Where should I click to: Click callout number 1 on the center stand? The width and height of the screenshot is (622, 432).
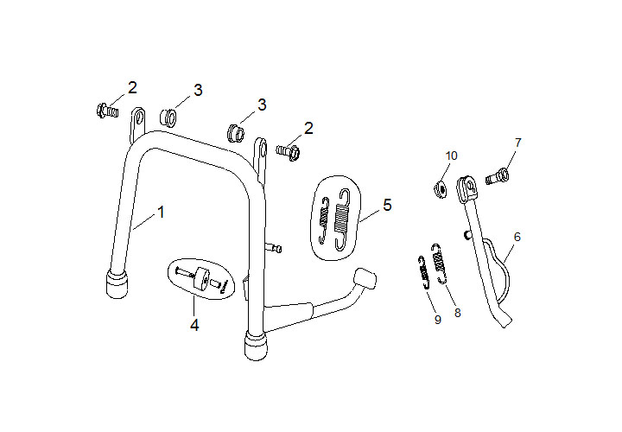(x=160, y=211)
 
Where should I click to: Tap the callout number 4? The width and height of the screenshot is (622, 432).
(x=195, y=325)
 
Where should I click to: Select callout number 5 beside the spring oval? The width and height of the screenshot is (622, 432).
(x=386, y=205)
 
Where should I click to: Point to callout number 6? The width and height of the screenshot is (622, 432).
(x=517, y=235)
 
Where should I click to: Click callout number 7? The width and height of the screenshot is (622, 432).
(x=518, y=142)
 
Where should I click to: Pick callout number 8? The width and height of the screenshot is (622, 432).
(x=457, y=313)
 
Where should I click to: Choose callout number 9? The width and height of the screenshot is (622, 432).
(x=437, y=319)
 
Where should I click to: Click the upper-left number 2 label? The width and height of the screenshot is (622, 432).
(x=132, y=87)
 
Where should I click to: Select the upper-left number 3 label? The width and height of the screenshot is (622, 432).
(x=198, y=90)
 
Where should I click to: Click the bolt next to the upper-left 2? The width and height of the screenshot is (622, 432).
(x=106, y=110)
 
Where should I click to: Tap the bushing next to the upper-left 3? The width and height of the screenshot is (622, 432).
(x=169, y=115)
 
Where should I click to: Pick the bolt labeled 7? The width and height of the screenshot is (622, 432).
(x=497, y=177)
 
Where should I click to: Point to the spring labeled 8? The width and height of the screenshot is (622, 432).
(x=441, y=263)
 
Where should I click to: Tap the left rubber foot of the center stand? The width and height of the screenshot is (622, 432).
(x=117, y=284)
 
